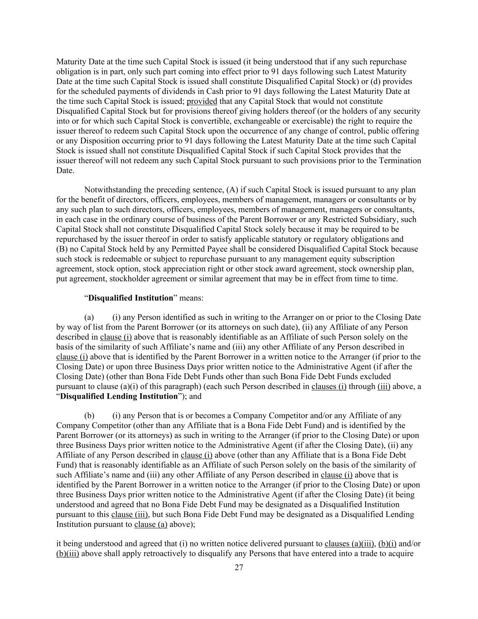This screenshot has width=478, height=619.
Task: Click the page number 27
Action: point(239,569)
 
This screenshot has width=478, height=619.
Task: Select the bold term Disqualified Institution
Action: point(131,298)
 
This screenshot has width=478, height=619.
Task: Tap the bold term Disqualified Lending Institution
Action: point(119,396)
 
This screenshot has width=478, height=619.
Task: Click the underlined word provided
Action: point(202,101)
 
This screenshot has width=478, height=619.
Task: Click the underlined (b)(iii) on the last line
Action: point(68,553)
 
